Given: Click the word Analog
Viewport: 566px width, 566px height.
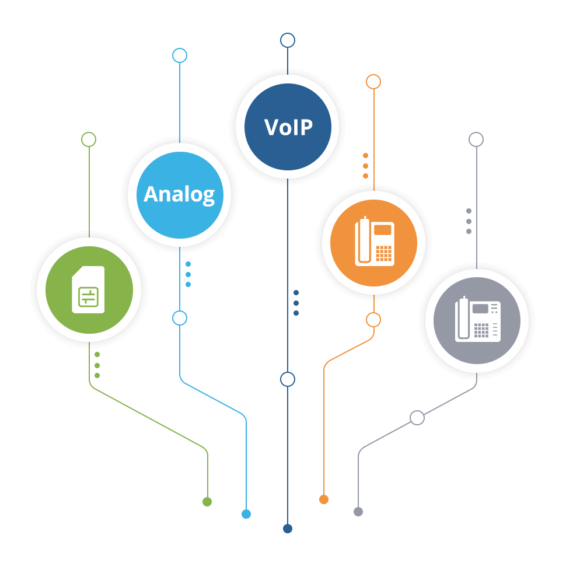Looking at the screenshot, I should (x=179, y=194).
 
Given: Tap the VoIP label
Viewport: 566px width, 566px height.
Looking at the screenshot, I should (x=288, y=127).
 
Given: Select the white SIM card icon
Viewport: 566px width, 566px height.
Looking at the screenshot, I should (x=88, y=290).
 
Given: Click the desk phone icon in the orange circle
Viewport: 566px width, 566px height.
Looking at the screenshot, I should (x=375, y=242).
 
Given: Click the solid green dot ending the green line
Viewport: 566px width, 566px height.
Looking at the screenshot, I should (x=207, y=502).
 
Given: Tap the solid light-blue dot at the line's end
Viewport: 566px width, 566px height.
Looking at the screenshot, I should (x=246, y=514).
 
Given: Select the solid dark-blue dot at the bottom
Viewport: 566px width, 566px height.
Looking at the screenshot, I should (x=288, y=529).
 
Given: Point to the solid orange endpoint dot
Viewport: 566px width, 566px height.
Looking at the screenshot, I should (x=324, y=499).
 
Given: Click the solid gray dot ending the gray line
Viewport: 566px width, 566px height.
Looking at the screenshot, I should (x=358, y=512).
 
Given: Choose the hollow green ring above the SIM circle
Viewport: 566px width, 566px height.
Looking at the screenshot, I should (x=89, y=139).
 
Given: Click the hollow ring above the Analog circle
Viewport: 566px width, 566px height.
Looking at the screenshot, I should (x=180, y=55).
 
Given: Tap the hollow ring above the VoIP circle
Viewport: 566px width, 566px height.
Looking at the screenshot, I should (x=288, y=40).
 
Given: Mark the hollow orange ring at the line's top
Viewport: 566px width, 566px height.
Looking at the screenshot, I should (x=373, y=82).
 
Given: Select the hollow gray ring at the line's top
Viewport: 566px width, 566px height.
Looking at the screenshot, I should (x=476, y=139).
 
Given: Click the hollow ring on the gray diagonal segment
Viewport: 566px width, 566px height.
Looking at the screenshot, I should (x=417, y=418).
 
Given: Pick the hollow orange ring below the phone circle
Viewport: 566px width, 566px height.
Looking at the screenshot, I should (x=373, y=320).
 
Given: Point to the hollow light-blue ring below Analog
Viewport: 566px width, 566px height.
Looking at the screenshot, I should (x=180, y=318).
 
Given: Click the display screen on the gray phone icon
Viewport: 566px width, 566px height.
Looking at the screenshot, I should (x=480, y=309).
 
